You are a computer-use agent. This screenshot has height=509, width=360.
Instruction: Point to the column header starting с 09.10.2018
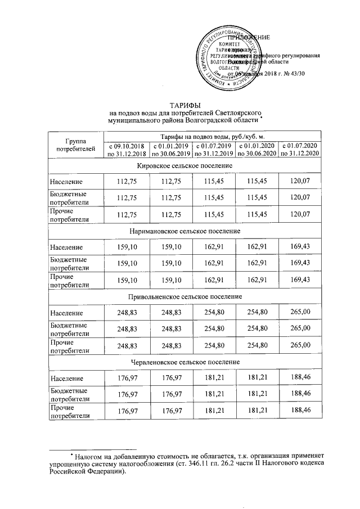click(127, 150)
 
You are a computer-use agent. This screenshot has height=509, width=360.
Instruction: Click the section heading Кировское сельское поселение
click(185, 166)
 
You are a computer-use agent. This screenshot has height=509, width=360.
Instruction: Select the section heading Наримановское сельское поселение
click(185, 231)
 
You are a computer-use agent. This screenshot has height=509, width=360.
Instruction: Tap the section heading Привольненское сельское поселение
click(185, 296)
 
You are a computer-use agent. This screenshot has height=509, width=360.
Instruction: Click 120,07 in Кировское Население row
click(299, 182)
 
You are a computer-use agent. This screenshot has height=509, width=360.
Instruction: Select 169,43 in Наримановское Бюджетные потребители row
click(299, 263)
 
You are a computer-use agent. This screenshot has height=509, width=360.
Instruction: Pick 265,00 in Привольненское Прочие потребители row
click(299, 345)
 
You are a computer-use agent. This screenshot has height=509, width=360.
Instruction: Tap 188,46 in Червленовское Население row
click(299, 377)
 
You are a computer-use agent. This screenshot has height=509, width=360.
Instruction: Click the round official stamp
click(225, 59)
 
